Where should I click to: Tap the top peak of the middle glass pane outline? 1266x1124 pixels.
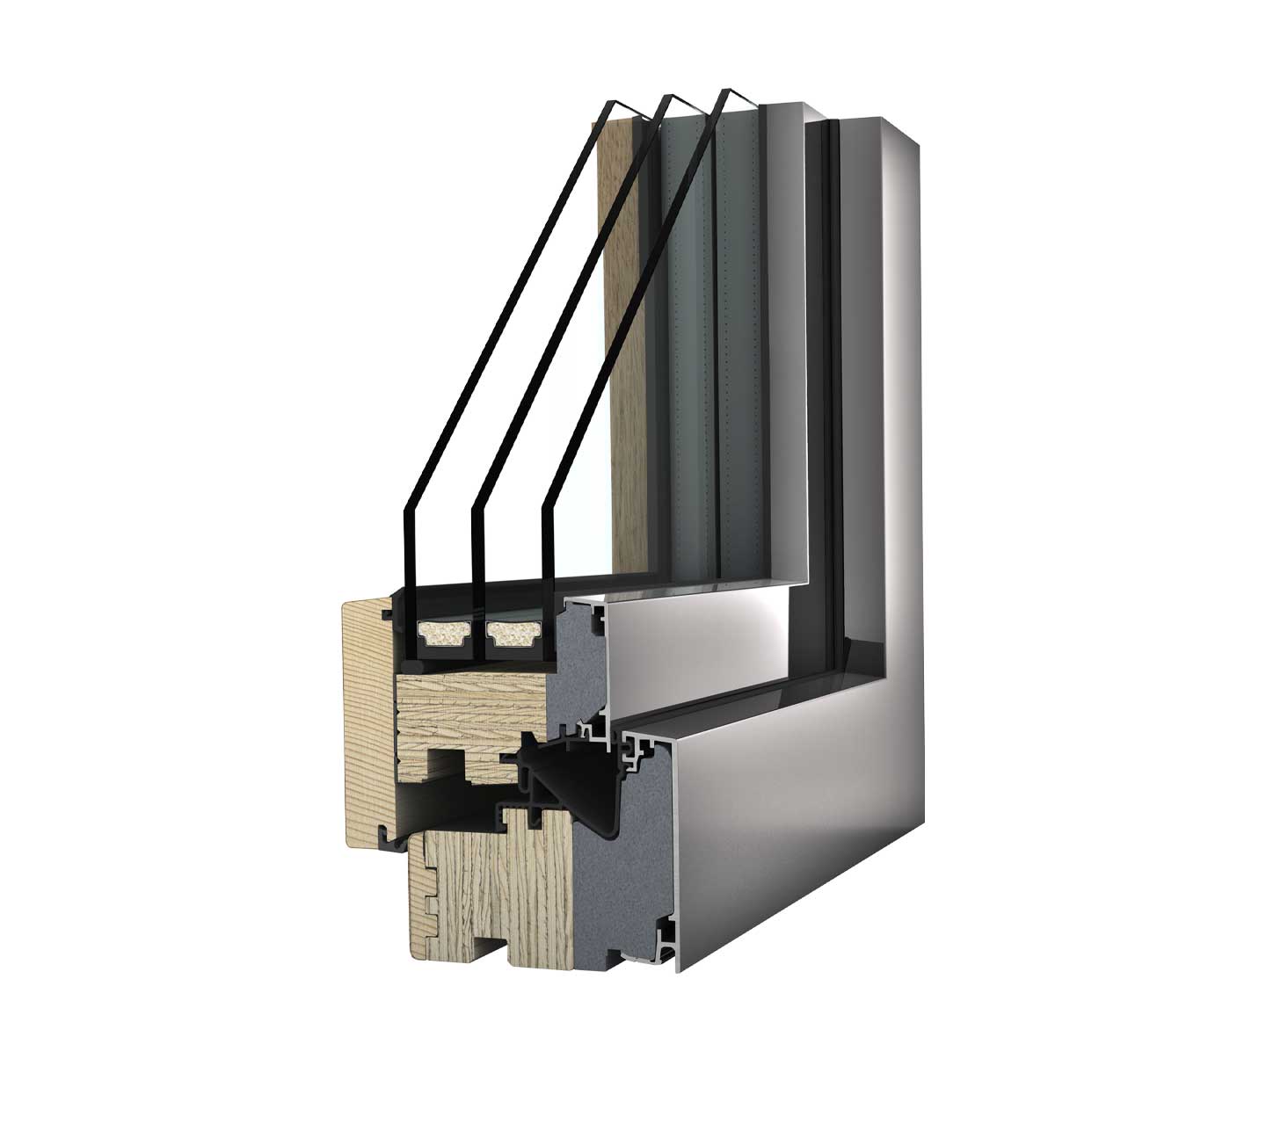tap(667, 97)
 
